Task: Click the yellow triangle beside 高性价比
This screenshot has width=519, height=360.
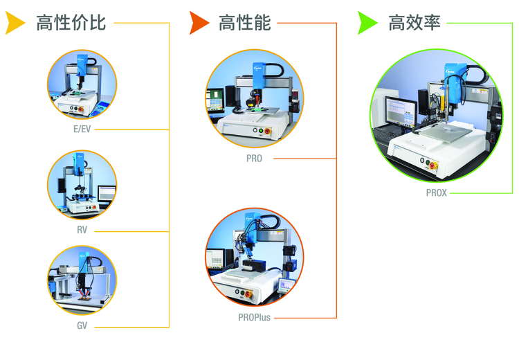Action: pyautogui.click(x=14, y=23)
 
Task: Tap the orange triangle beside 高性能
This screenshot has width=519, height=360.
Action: pyautogui.click(x=199, y=23)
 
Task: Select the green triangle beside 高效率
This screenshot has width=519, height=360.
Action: pyautogui.click(x=367, y=23)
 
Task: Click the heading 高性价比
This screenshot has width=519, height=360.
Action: pyautogui.click(x=71, y=23)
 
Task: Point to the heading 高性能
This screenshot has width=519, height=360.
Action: pyautogui.click(x=245, y=23)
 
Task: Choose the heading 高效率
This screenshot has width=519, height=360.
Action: pyautogui.click(x=415, y=23)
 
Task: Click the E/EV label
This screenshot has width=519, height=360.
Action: pyautogui.click(x=82, y=129)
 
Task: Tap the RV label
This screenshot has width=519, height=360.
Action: pyautogui.click(x=82, y=230)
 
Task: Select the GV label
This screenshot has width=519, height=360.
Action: pyautogui.click(x=82, y=325)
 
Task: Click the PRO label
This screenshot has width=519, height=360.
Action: pyautogui.click(x=254, y=159)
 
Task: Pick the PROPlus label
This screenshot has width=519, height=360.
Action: pyautogui.click(x=254, y=318)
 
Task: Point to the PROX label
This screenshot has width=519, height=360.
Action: pyautogui.click(x=436, y=192)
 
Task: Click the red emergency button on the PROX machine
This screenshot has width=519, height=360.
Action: pyautogui.click(x=433, y=165)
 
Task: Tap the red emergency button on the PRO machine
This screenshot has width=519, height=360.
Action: pyautogui.click(x=267, y=132)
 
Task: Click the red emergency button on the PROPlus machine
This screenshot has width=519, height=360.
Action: pyautogui.click(x=248, y=294)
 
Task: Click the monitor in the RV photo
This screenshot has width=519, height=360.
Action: pyautogui.click(x=107, y=193)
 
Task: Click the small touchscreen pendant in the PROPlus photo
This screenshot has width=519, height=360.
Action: pyautogui.click(x=286, y=285)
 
